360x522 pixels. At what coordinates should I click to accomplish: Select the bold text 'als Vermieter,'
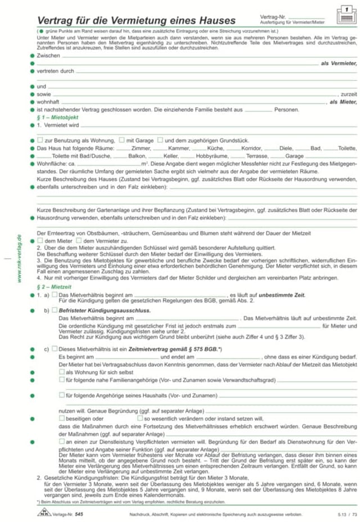(x=339, y=64)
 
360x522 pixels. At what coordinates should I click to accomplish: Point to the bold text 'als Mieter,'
(x=343, y=102)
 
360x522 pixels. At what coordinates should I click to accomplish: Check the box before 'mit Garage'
(x=122, y=139)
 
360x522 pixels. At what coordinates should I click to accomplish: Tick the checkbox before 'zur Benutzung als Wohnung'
(x=40, y=139)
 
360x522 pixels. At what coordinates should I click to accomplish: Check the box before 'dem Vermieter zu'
(x=79, y=240)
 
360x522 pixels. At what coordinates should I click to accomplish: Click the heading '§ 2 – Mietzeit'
(x=52, y=286)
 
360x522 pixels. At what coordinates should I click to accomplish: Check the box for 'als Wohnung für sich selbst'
(x=62, y=372)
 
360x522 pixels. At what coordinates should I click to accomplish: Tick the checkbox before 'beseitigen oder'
(x=62, y=418)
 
